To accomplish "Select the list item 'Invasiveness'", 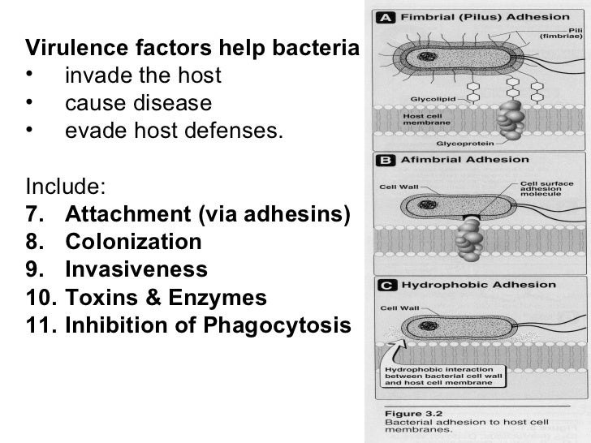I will coord(136,269).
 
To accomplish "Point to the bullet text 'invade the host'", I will coord(142,76).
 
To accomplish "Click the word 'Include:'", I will coord(65,187).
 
